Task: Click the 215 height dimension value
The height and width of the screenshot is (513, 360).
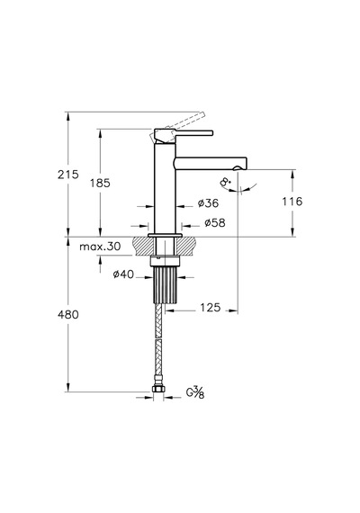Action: [68, 175]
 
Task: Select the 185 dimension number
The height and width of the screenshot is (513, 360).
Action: [100, 183]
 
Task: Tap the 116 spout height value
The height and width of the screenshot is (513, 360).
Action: [292, 202]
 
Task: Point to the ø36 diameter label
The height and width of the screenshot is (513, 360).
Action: [208, 203]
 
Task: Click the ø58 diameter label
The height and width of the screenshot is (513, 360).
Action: [215, 223]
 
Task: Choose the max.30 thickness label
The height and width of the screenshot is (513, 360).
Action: [100, 246]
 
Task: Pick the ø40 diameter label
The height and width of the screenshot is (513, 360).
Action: [123, 274]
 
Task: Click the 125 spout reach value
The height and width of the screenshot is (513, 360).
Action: [210, 308]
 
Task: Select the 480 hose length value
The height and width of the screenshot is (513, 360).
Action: [68, 314]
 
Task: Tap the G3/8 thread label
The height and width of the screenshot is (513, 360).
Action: [195, 392]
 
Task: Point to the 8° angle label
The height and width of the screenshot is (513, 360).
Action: [226, 182]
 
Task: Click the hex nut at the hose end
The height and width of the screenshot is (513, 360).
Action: [158, 389]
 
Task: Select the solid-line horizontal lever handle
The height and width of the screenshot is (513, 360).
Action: [184, 134]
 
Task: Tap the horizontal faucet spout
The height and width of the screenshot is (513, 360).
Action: [211, 163]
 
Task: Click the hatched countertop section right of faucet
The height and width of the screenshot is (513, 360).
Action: [187, 246]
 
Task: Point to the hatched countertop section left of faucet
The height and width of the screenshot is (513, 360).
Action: [143, 246]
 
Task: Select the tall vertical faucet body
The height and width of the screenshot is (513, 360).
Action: [165, 188]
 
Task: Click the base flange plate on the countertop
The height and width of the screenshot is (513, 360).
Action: [165, 235]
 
